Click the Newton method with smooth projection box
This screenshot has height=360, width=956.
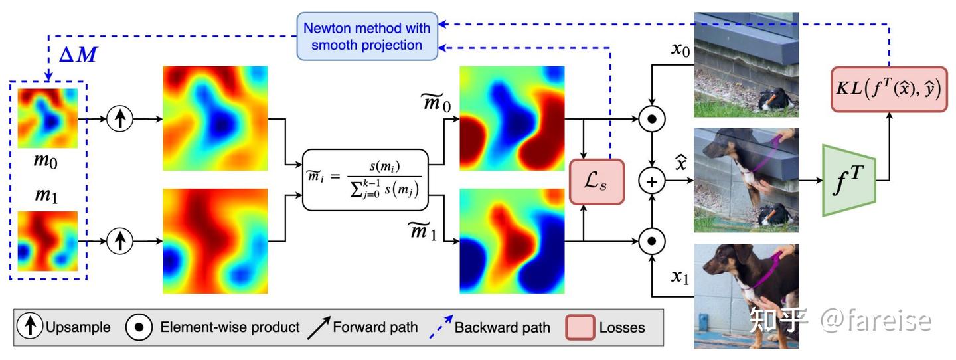(x=367, y=37)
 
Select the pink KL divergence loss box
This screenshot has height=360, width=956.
(x=889, y=89)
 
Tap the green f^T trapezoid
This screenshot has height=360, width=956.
(x=849, y=180)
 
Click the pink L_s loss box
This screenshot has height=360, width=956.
(x=597, y=181)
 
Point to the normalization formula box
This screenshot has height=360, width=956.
(x=365, y=180)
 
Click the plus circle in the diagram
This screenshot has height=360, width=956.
(x=652, y=181)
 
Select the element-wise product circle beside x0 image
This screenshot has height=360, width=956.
(x=652, y=119)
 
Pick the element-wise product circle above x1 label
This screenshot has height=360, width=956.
(x=652, y=241)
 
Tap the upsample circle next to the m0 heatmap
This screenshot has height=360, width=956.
(x=120, y=119)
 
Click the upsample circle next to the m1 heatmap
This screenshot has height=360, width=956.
(x=120, y=241)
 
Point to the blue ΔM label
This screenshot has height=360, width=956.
(x=78, y=54)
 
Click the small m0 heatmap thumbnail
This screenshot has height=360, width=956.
(x=47, y=118)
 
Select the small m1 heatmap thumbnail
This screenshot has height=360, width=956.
(x=47, y=241)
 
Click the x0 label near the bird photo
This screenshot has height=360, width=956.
(x=680, y=50)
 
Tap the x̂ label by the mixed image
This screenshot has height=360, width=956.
(x=680, y=163)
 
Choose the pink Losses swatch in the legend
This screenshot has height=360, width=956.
(x=580, y=327)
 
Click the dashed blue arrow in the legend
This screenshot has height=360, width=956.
(x=441, y=327)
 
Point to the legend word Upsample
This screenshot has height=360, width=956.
(x=78, y=327)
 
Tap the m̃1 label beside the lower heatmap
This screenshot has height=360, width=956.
(x=422, y=232)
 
